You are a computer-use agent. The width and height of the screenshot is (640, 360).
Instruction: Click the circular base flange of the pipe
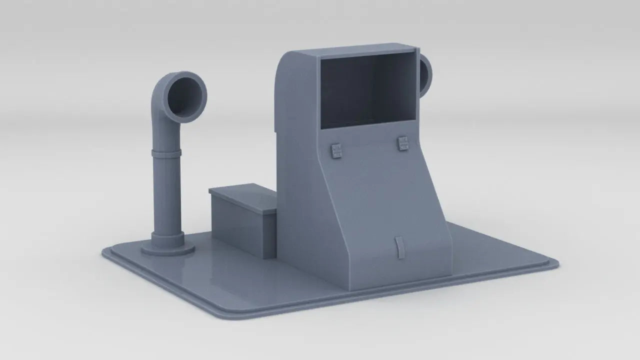pos(167,249)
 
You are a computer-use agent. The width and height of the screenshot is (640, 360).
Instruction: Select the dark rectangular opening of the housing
pos(367,90)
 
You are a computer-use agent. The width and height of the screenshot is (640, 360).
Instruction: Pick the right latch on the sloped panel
pos(403,143)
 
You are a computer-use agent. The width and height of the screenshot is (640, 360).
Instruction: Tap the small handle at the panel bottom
pos(398,247)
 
